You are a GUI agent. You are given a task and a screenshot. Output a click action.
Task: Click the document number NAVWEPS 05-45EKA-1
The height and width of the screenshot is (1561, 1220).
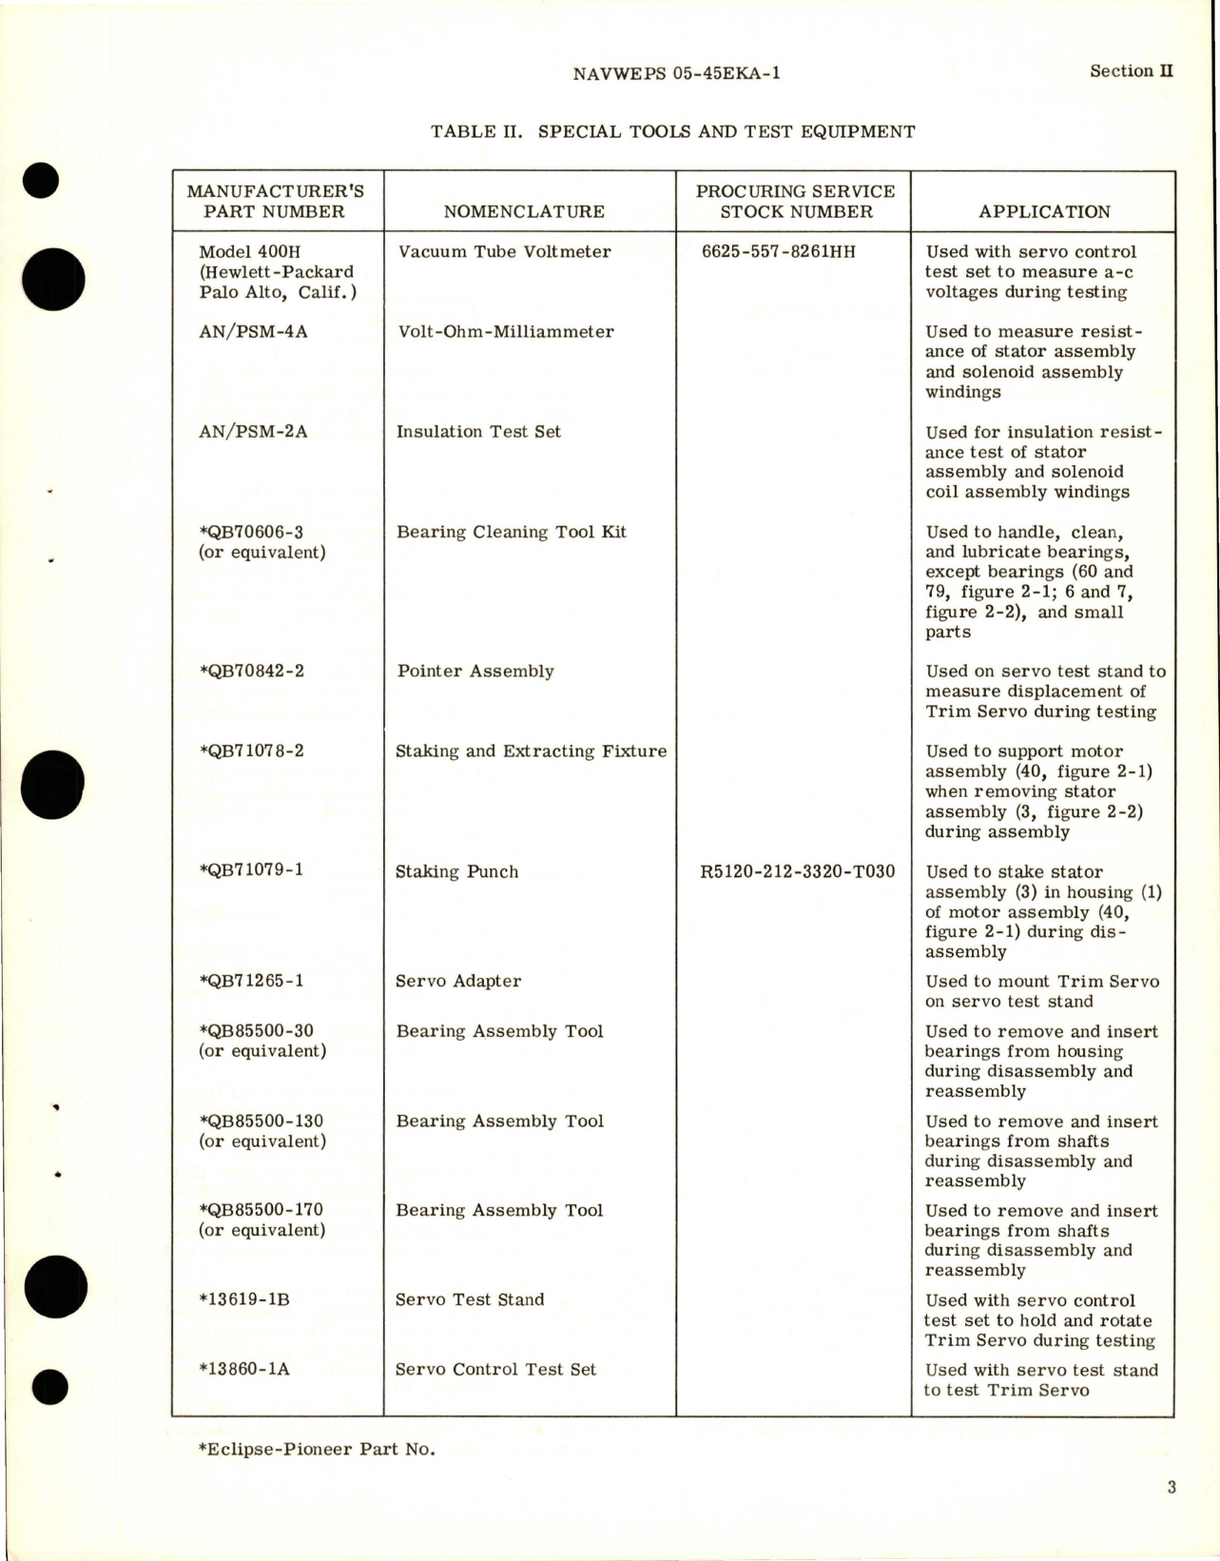tap(677, 72)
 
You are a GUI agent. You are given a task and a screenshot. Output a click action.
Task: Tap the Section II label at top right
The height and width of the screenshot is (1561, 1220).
tap(1131, 70)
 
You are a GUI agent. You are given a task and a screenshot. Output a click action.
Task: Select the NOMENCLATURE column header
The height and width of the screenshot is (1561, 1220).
tap(524, 211)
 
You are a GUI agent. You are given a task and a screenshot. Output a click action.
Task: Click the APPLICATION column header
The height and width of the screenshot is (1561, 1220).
tap(1044, 211)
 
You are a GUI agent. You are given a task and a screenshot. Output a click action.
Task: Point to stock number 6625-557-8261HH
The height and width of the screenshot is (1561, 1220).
tap(778, 252)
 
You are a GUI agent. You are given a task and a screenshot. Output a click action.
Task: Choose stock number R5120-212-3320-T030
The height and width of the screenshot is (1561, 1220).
tap(797, 871)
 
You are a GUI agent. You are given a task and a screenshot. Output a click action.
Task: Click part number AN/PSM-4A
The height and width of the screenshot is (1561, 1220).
tap(253, 332)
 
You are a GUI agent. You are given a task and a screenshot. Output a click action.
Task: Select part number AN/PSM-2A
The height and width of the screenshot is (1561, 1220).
tap(253, 432)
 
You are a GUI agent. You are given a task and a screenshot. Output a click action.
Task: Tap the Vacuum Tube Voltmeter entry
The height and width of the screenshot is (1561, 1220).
tap(504, 252)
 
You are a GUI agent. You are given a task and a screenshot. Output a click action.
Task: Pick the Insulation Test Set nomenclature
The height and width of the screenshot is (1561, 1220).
tap(478, 432)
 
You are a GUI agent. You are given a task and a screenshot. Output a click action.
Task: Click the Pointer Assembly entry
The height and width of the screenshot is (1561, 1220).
tap(475, 672)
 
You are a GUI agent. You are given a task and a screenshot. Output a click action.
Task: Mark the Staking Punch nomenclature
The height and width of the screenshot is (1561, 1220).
tap(456, 871)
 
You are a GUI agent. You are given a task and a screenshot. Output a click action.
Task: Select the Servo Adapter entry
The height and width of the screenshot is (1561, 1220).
tap(458, 981)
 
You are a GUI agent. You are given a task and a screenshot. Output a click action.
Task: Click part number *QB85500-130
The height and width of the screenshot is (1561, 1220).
tap(261, 1122)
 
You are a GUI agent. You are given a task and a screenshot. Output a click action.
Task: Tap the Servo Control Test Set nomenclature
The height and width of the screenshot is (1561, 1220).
tap(495, 1370)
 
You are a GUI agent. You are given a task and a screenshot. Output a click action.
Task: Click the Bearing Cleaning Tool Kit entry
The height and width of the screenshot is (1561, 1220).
tap(511, 532)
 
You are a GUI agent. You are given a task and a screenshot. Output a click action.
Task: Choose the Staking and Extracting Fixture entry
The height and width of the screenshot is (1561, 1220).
tap(531, 751)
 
